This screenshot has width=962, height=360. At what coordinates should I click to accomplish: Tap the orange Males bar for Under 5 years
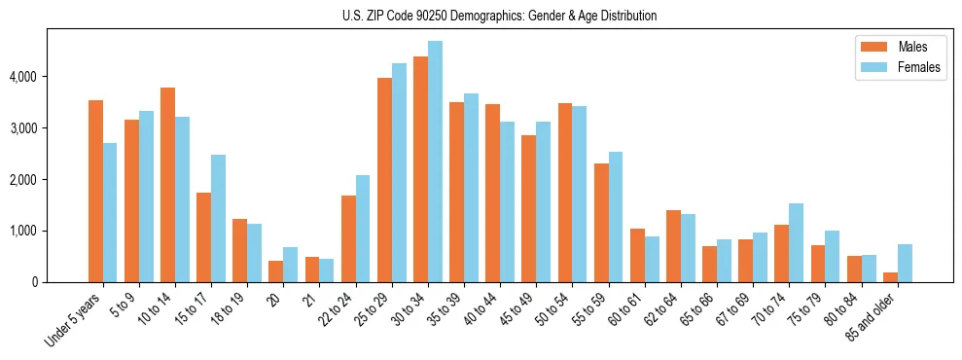[x=95, y=191]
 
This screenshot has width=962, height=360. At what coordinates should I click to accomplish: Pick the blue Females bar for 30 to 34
[x=435, y=162]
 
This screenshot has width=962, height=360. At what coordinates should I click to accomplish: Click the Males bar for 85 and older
[x=890, y=277]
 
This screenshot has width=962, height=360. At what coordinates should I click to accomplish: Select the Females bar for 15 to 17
[x=218, y=218]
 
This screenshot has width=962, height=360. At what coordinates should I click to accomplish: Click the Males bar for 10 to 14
[x=167, y=185]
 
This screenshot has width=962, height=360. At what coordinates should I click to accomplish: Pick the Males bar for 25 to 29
[x=384, y=180]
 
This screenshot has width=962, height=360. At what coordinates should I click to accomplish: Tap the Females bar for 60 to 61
[x=652, y=259]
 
